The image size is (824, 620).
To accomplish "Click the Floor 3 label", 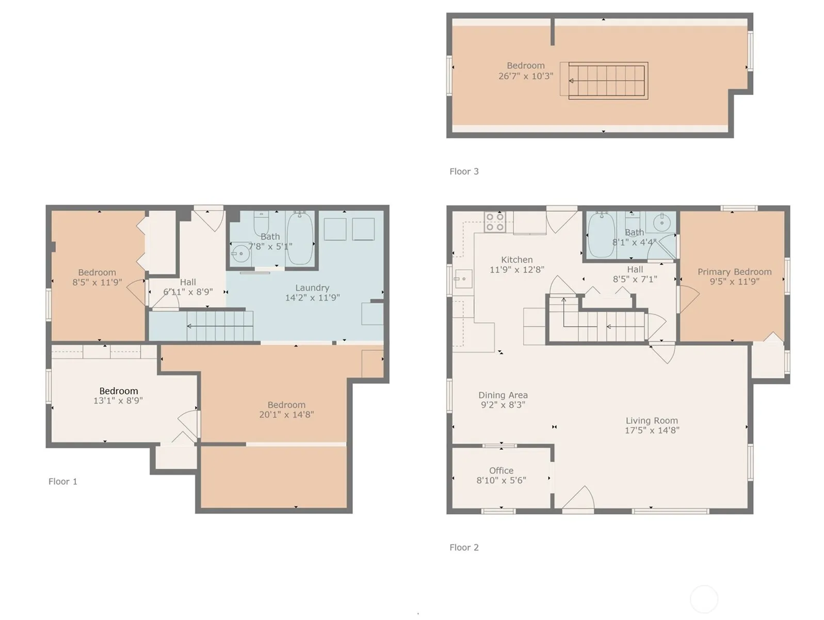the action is tap(464, 171).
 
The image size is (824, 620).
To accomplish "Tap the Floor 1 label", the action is tap(63, 482).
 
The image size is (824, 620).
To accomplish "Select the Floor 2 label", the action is tap(464, 548).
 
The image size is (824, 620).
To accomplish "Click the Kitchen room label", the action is tap(516, 260).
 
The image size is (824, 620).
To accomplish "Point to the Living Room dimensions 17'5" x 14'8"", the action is tap(652, 431).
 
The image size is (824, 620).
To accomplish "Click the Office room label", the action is tap(501, 470).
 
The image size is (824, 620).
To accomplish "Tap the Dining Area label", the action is tap(503, 395).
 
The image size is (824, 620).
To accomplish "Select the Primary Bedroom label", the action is tap(734, 272).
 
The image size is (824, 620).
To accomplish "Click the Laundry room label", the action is tap(312, 288).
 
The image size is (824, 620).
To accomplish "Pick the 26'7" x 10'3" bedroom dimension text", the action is tap(526, 76).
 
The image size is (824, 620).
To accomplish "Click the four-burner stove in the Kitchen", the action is tap(495, 222).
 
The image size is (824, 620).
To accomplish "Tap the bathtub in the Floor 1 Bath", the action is tap(299, 238).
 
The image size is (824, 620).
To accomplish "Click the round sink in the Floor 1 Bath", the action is tap(240, 253).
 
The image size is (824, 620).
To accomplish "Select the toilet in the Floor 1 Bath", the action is tap(261, 224).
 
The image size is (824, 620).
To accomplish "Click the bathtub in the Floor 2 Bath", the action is tap(602, 235).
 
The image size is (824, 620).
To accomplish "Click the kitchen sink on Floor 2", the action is tap(463, 279).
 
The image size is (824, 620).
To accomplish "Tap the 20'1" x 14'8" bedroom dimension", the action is tap(286, 415).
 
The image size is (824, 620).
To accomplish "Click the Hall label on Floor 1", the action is tap(188, 282).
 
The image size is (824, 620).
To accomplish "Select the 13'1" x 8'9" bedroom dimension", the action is tap(118, 401).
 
